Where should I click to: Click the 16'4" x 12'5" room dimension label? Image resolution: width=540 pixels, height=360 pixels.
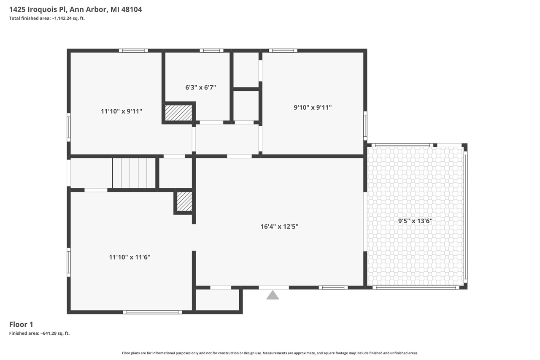[279, 227]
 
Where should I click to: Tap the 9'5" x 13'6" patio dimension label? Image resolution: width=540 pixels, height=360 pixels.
[415, 221]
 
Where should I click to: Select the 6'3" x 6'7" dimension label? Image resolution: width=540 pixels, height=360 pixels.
[200, 87]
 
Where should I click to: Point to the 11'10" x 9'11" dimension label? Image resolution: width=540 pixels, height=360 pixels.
[121, 111]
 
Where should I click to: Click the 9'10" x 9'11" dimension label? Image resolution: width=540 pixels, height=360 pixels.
[313, 108]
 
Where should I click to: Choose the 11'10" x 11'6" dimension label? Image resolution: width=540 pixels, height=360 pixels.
[130, 257]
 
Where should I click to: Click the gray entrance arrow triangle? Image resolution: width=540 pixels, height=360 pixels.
[273, 295]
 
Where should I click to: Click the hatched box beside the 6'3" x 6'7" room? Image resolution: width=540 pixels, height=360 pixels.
[178, 113]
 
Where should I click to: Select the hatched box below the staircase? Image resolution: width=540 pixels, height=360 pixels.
[184, 201]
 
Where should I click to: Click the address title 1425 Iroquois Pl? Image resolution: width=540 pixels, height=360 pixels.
[76, 9]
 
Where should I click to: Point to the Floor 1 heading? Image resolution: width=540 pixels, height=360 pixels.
[21, 325]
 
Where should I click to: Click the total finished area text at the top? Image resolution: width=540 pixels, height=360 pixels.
[47, 18]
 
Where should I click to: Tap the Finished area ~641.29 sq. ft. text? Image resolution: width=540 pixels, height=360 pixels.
[39, 333]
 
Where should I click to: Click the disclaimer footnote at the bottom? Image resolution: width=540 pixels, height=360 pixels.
[270, 353]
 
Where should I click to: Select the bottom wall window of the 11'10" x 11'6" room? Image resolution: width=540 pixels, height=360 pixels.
[152, 312]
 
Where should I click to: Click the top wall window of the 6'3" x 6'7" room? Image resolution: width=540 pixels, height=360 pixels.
[211, 51]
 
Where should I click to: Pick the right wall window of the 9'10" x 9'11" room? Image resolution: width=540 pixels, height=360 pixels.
[365, 126]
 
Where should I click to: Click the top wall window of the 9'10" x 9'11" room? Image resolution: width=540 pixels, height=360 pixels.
[283, 51]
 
